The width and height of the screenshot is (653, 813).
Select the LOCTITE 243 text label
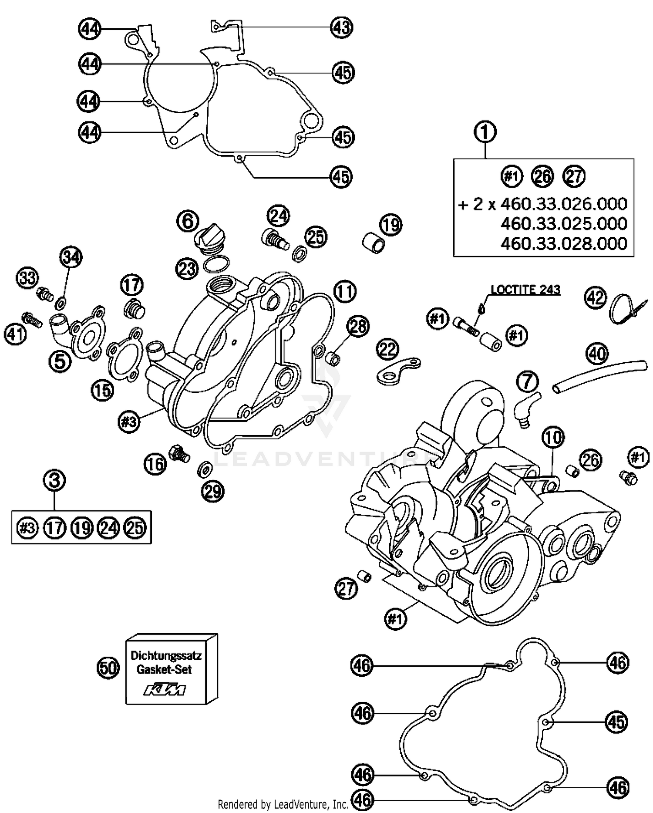(525, 290)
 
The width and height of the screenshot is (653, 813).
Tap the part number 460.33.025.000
(563, 224)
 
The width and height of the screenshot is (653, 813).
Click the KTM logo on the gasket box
(165, 690)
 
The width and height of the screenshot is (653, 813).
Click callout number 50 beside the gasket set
(108, 668)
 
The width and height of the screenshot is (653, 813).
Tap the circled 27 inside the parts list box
(574, 176)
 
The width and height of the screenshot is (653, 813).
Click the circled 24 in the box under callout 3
(108, 528)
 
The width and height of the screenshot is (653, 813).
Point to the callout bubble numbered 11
(345, 292)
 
